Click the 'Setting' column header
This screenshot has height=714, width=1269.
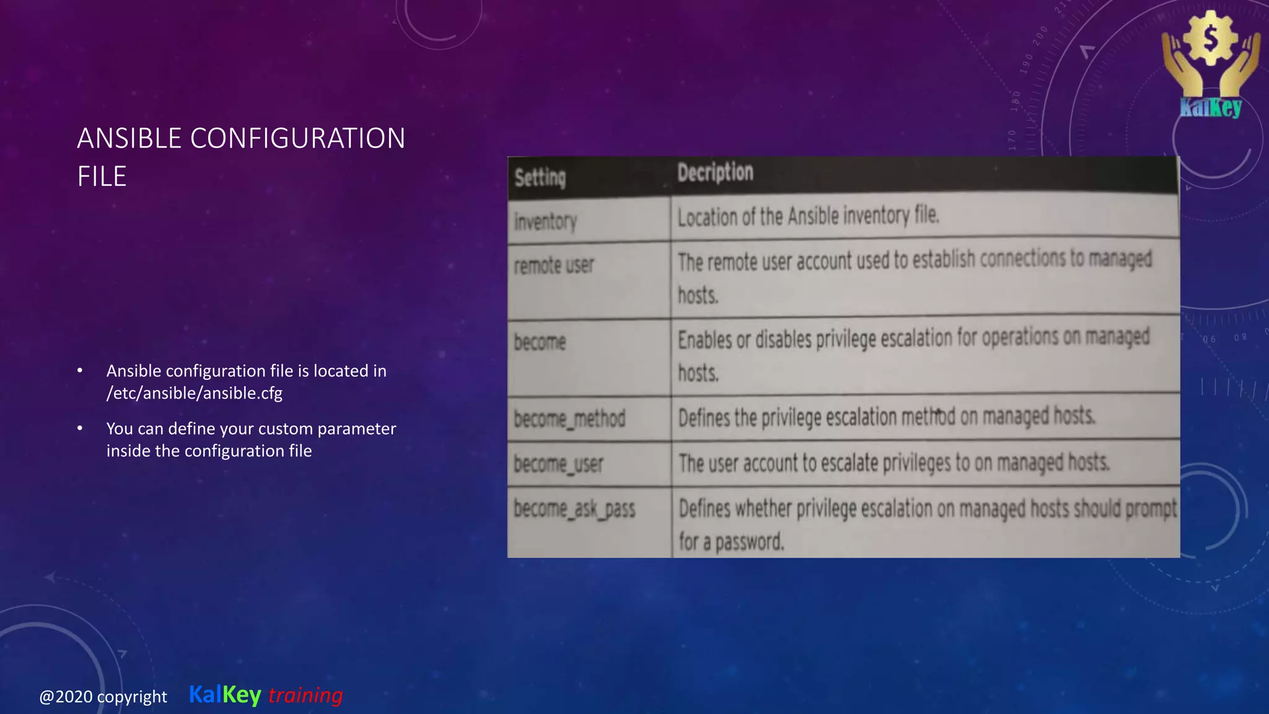tap(540, 178)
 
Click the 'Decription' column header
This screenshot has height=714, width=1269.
tap(715, 172)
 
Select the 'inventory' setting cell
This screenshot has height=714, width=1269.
tap(545, 221)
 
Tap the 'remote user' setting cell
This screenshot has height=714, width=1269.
tap(554, 266)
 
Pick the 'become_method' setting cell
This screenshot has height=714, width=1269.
tap(569, 419)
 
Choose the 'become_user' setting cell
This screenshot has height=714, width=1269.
tap(558, 464)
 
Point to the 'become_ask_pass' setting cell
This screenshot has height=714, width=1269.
tap(574, 509)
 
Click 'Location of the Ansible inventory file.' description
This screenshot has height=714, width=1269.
tap(808, 216)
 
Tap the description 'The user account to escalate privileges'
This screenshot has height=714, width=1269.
tap(894, 463)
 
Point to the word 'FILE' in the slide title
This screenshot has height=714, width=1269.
tap(102, 177)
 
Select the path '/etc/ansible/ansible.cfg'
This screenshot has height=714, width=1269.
tap(195, 393)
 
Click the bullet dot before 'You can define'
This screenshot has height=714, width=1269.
tap(80, 428)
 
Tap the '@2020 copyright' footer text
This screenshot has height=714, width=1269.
tap(103, 697)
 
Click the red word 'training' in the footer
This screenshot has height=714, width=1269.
tap(305, 695)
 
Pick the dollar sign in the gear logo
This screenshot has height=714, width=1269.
tap(1210, 38)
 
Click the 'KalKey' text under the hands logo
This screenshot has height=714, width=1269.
tap(1210, 108)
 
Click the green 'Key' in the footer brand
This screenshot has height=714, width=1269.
tap(242, 695)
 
